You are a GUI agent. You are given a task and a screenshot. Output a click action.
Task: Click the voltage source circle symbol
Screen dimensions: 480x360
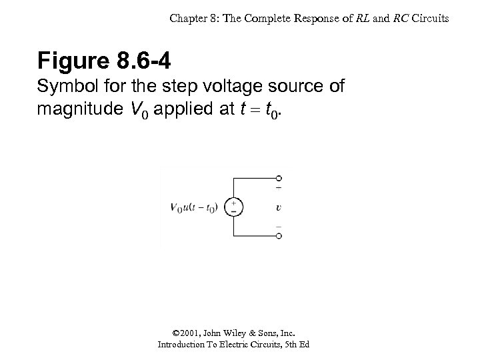pos(233,207)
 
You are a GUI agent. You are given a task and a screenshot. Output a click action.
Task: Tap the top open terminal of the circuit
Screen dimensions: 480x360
pos(279,178)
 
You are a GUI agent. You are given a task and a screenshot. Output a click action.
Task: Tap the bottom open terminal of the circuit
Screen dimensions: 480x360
pos(279,236)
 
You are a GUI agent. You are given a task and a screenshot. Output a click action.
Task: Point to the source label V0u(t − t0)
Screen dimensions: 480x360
pos(193,207)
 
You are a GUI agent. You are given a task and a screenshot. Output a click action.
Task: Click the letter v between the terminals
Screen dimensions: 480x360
pos(278,207)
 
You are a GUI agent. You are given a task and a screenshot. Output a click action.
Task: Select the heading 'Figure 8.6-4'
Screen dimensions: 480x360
pos(104,61)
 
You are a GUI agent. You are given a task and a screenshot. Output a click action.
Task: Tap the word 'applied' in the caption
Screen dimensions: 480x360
pos(198,108)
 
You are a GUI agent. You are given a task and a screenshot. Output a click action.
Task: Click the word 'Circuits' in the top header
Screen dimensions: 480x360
pos(431,19)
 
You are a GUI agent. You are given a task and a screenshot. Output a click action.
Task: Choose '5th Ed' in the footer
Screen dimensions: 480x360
pos(295,345)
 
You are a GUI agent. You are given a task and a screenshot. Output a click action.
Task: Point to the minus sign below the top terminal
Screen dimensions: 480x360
pos(279,189)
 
